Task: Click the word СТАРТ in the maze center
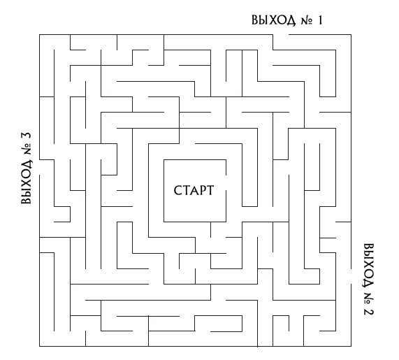click(194, 190)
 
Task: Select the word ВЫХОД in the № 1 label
click(273, 20)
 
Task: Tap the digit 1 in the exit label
click(319, 20)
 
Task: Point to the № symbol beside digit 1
click(307, 20)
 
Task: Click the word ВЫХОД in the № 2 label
click(368, 266)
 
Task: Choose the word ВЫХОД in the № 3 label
click(27, 182)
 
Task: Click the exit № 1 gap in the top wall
click(281, 34)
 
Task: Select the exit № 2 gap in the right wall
click(351, 277)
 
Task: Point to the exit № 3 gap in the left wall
click(39, 167)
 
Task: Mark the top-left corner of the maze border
click(39, 34)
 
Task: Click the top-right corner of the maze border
click(351, 34)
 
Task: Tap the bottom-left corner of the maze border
click(39, 346)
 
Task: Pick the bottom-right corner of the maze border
click(351, 346)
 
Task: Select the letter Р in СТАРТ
click(201, 190)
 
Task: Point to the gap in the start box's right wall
click(226, 183)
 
